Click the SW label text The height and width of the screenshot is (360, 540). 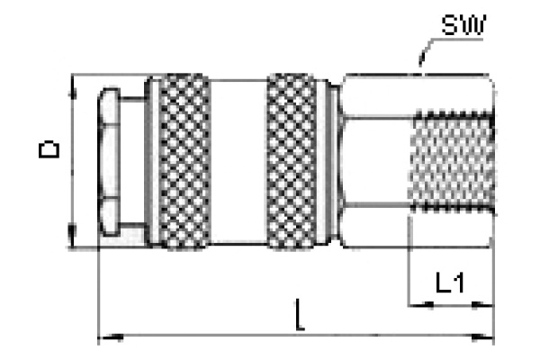point(462,26)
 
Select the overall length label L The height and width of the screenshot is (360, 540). point(300,317)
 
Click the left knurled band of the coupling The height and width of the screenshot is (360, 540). point(184,161)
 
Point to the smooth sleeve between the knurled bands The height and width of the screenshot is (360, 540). point(239,161)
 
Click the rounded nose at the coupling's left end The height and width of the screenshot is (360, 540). point(109,161)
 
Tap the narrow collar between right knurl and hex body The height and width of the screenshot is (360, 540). point(332,161)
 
